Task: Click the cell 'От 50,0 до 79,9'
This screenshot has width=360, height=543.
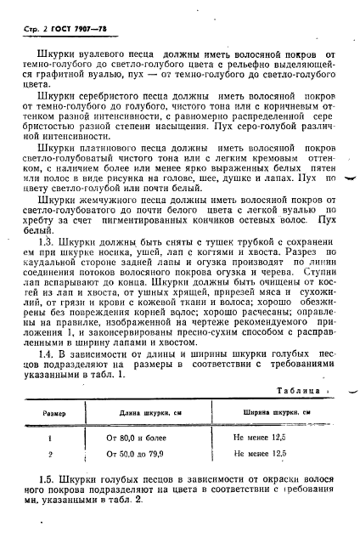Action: (138, 454)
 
